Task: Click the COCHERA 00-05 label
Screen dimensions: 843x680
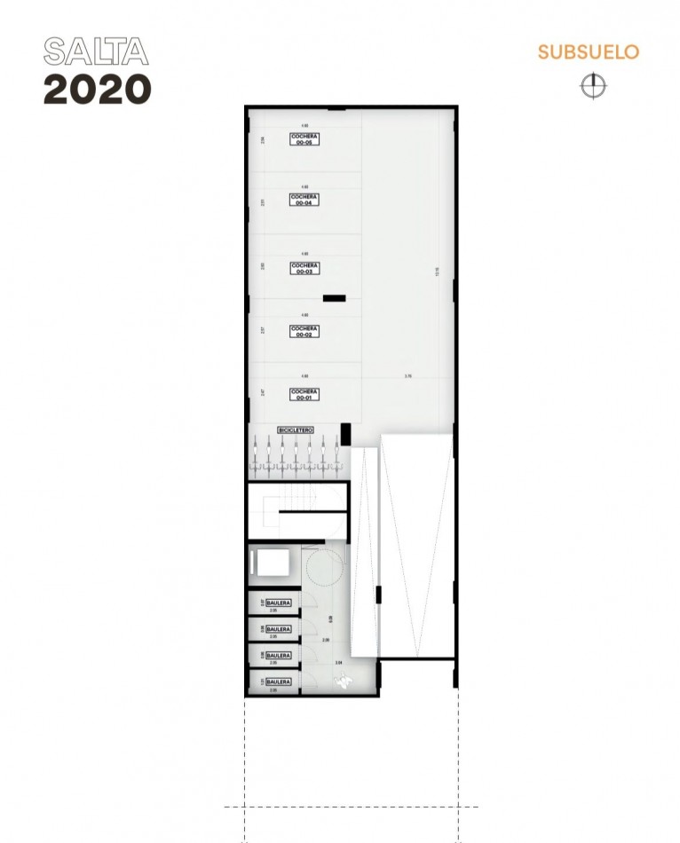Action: [304, 138]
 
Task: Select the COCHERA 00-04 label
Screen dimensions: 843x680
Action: [304, 200]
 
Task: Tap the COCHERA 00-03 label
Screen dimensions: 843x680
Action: [304, 267]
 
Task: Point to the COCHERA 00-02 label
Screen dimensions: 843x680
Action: [304, 331]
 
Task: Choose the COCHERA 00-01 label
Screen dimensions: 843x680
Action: [304, 394]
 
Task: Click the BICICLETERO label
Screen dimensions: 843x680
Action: [296, 429]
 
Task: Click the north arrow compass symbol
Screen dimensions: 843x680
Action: [592, 85]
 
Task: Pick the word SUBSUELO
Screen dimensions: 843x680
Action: [588, 51]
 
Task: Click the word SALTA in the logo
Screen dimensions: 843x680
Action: [95, 51]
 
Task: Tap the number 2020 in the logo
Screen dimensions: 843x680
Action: [97, 89]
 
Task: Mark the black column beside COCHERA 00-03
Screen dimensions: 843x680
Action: [333, 299]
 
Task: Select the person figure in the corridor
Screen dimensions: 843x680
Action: [343, 681]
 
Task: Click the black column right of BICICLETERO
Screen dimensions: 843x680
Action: [345, 435]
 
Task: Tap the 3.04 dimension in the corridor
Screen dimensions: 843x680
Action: [338, 663]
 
